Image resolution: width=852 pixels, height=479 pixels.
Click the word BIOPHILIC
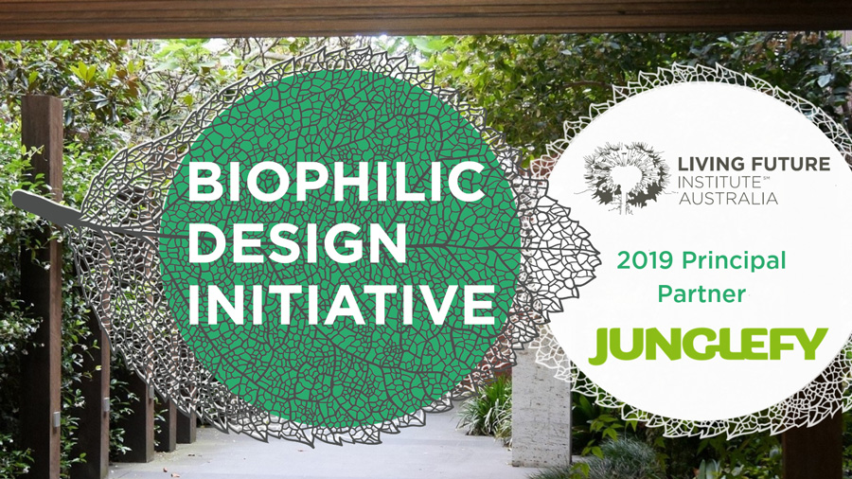336,183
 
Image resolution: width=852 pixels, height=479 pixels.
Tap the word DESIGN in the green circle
296,242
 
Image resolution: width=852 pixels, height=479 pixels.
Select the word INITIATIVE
342,304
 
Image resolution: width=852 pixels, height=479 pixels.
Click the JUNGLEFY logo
708,346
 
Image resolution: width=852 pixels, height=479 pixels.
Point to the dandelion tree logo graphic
625,176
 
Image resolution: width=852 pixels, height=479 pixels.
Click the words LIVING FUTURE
754,164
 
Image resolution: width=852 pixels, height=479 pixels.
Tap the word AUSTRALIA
728,199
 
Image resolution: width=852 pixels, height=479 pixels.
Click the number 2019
645,261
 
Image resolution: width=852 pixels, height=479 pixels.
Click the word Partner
701,294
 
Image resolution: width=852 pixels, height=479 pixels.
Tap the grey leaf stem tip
15,199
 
